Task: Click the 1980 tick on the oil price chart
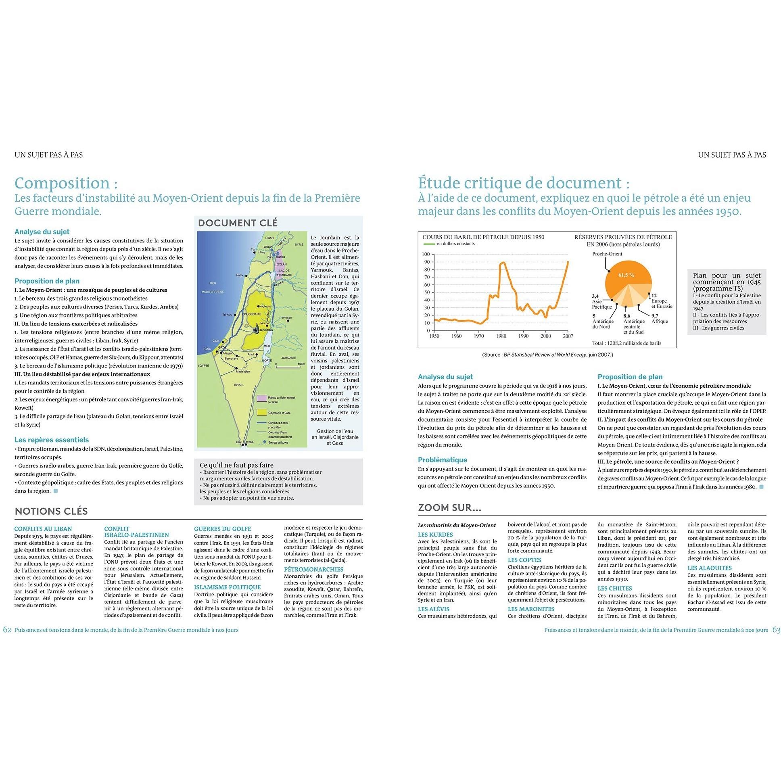(501, 336)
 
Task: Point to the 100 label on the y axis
(425, 254)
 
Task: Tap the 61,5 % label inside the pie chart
(626, 275)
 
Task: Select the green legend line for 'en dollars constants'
(428, 244)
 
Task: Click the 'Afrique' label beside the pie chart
(660, 322)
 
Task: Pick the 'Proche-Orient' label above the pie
(607, 254)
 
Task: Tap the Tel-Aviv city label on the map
(228, 315)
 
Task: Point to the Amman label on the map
(286, 318)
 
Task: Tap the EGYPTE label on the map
(203, 365)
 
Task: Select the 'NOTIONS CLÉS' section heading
(51, 512)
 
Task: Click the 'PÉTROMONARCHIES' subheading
(308, 570)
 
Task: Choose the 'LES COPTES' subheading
(524, 560)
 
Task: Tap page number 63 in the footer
(776, 630)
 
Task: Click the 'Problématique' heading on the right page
(442, 459)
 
